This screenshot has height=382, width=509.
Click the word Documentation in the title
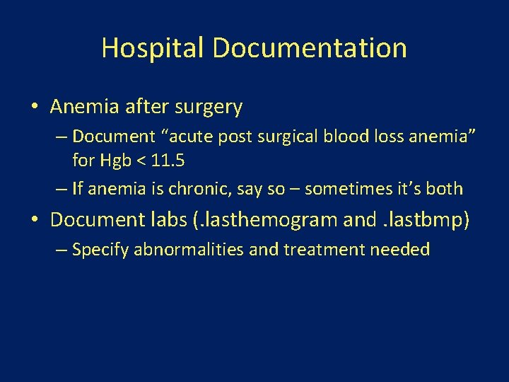(310, 48)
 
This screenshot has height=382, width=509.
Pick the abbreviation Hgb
(112, 161)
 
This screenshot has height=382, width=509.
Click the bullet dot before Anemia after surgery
(35, 108)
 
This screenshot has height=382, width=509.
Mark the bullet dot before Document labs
(35, 220)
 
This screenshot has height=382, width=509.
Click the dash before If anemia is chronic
(62, 189)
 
